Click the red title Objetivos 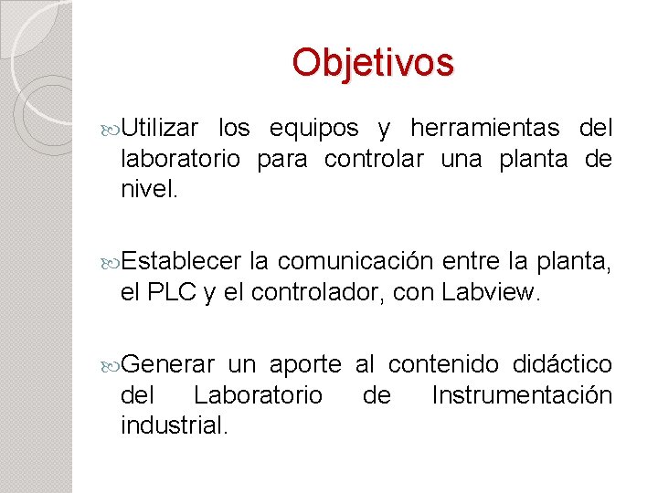373,63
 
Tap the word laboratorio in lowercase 181,160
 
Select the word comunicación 356,263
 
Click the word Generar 168,365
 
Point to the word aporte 305,365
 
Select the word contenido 443,365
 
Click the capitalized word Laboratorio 258,396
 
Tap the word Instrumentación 522,396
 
